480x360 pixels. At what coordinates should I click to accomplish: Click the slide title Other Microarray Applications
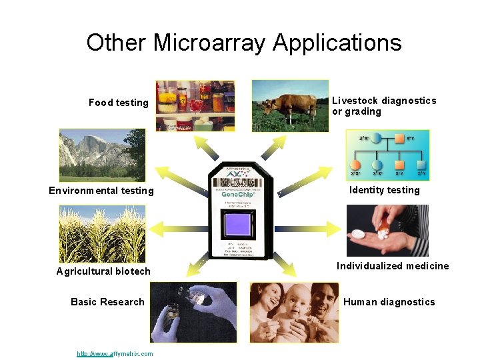point(243,43)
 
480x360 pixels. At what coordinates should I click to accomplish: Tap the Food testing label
point(119,103)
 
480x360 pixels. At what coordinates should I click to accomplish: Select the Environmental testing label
point(101,191)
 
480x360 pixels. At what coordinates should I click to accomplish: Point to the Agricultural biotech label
point(103,271)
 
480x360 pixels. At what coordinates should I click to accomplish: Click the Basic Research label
point(107,302)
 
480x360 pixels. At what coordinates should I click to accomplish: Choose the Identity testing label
point(385,190)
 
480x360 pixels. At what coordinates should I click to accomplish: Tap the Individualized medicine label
point(393,266)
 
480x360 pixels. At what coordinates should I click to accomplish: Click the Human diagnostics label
point(389,302)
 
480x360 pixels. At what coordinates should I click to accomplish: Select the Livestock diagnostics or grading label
point(384,106)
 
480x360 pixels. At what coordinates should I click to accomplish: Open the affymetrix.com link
point(115,353)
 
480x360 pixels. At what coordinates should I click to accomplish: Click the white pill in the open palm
point(357,234)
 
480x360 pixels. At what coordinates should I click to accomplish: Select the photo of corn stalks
point(102,233)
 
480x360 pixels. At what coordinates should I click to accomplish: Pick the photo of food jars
point(195,105)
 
